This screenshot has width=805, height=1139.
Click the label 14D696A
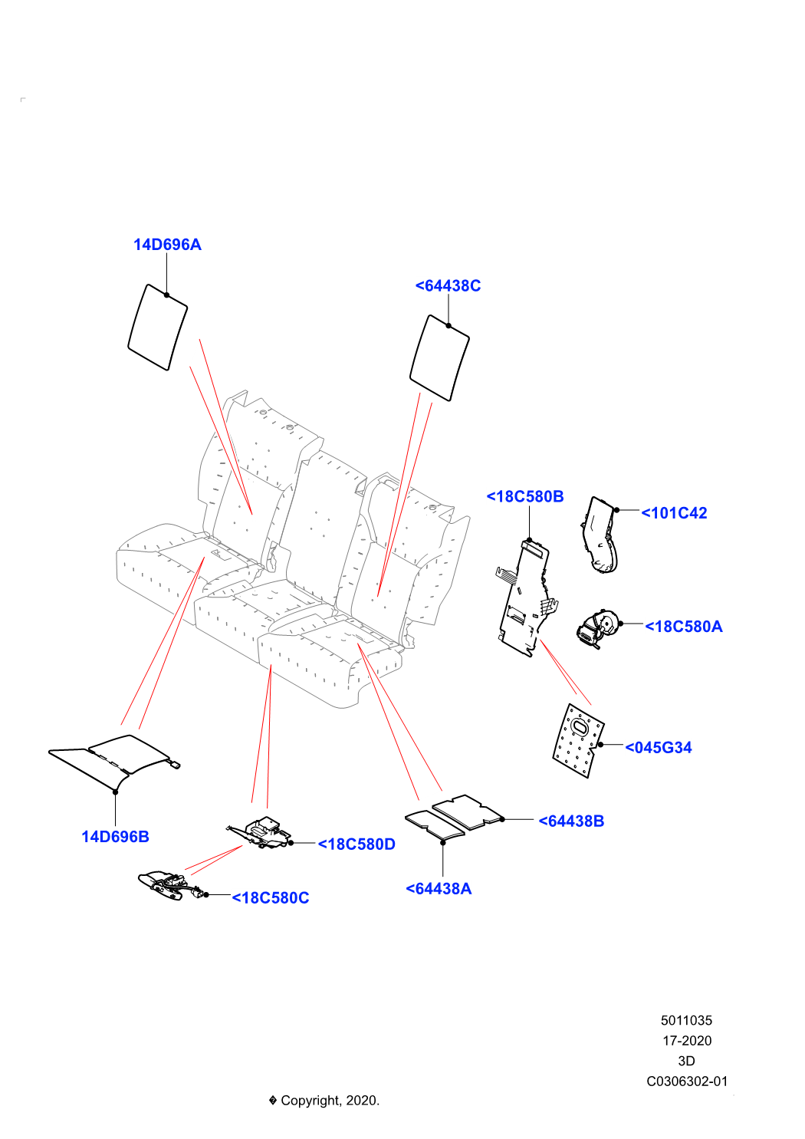point(167,245)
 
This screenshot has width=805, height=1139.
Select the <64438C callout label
point(448,286)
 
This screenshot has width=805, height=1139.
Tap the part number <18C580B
point(525,496)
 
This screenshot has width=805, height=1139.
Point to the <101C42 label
point(674,513)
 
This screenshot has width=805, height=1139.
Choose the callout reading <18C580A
point(683,627)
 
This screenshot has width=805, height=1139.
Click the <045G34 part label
point(658,748)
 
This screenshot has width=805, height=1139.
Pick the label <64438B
point(571,821)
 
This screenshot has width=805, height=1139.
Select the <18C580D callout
point(356,844)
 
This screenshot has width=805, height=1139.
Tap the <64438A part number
point(439,889)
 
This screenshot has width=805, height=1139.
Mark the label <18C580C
point(271,898)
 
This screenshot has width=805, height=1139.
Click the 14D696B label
point(115,837)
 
